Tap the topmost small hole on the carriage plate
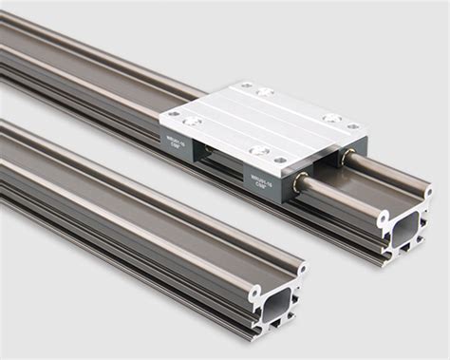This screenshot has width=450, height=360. (x=246, y=85)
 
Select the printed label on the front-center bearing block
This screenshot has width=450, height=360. (x=260, y=180)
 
